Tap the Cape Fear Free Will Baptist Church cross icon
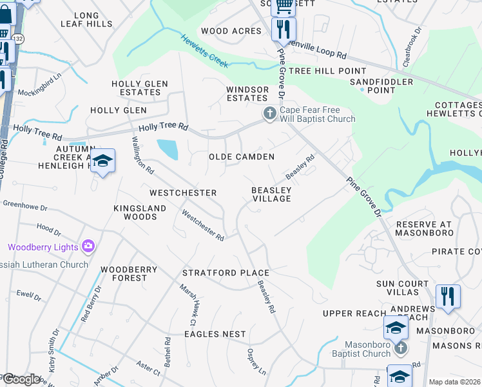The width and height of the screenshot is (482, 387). pos(269,114)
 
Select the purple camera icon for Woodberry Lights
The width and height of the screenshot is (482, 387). pos(88,246)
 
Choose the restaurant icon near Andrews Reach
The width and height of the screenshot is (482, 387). pos(448,296)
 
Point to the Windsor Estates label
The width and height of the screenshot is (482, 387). pos(247,94)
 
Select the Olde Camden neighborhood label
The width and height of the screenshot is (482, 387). pos(242,157)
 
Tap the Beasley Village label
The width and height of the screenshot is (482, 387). pos(271,194)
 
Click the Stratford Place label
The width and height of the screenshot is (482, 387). pos(225,273)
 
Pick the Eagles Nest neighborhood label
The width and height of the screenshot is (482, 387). pos(215,333)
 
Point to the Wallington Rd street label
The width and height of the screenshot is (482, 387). pos(142,155)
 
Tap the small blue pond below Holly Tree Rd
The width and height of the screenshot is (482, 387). pos(168,150)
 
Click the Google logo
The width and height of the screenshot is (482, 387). pos(21,379)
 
